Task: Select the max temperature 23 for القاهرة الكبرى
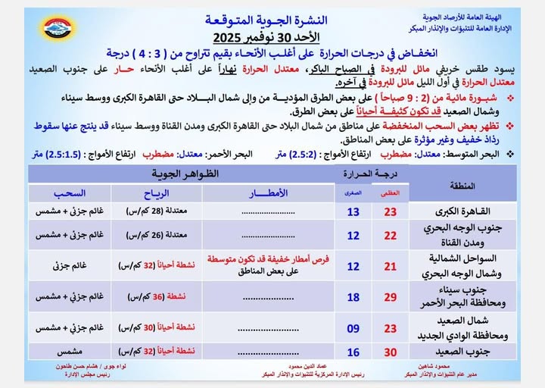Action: tap(391, 211)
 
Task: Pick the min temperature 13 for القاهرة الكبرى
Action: tap(353, 211)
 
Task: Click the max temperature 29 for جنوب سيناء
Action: tap(391, 296)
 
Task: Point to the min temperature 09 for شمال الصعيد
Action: tap(353, 329)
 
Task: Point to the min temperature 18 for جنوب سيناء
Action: tap(353, 296)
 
